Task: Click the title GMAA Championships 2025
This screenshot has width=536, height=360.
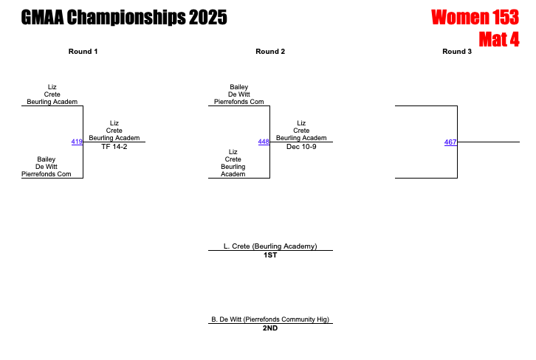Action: [x=124, y=18]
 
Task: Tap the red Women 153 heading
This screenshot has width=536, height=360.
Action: [x=475, y=18]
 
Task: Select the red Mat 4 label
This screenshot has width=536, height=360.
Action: [x=498, y=39]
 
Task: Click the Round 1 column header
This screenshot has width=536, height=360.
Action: [x=83, y=52]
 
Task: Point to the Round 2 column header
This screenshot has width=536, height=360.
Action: [x=270, y=52]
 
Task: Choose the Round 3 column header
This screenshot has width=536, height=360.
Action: [x=457, y=52]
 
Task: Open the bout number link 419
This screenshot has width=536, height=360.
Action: [x=77, y=142]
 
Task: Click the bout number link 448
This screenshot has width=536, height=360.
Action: [x=264, y=142]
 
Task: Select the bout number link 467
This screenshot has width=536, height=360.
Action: [x=450, y=142]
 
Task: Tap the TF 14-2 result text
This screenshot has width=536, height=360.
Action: [x=114, y=147]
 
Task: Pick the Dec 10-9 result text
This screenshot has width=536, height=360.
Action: [x=301, y=147]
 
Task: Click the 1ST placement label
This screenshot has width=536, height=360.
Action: [x=270, y=255]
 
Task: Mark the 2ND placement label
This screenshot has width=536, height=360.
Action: [x=270, y=328]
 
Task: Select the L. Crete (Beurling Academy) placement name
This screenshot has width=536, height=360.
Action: [x=270, y=246]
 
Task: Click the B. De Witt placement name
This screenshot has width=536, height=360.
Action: [x=270, y=319]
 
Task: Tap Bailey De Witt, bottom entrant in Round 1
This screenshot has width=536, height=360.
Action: [x=46, y=167]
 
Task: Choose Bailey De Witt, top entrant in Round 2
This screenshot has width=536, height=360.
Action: [x=238, y=94]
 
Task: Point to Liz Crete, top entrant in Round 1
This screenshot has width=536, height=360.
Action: [x=52, y=94]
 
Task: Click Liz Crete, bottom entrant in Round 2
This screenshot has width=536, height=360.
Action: [x=233, y=163]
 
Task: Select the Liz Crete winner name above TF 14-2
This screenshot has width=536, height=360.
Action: [x=114, y=131]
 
